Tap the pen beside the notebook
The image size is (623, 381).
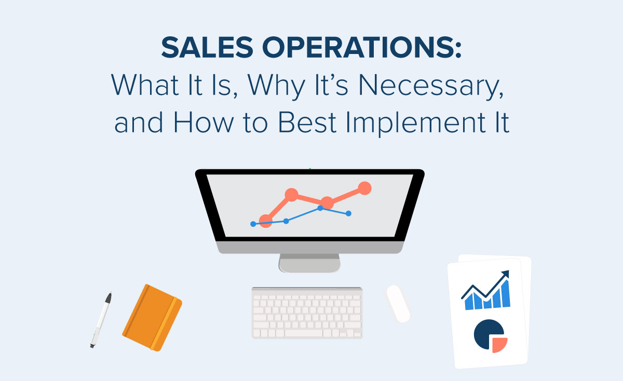pos(101,319)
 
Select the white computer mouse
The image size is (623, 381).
pos(398,303)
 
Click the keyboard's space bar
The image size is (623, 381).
pos(306,333)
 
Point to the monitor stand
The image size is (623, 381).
pos(309,263)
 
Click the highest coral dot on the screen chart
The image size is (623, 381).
pos(365,188)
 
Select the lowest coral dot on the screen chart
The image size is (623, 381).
pos(266,221)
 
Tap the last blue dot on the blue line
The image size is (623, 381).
pos(348,213)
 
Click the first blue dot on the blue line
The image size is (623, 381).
pos(253,224)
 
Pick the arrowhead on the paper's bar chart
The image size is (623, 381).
pos(505,275)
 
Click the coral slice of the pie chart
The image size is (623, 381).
pos(499,344)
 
